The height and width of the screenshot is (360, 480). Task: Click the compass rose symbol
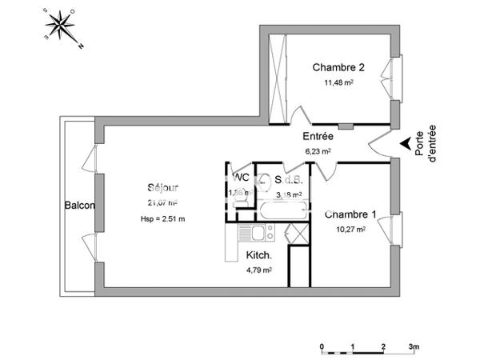(61, 28)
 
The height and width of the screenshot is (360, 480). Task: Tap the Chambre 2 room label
(334, 67)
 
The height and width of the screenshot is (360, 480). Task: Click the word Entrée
(318, 137)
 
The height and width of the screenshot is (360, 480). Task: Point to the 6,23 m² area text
(318, 150)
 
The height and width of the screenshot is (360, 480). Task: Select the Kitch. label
(259, 256)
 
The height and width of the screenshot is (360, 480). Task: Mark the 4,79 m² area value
(259, 270)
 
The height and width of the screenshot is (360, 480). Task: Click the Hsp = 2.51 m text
(162, 218)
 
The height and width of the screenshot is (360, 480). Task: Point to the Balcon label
(80, 206)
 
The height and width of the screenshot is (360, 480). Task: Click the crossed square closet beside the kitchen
(296, 234)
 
